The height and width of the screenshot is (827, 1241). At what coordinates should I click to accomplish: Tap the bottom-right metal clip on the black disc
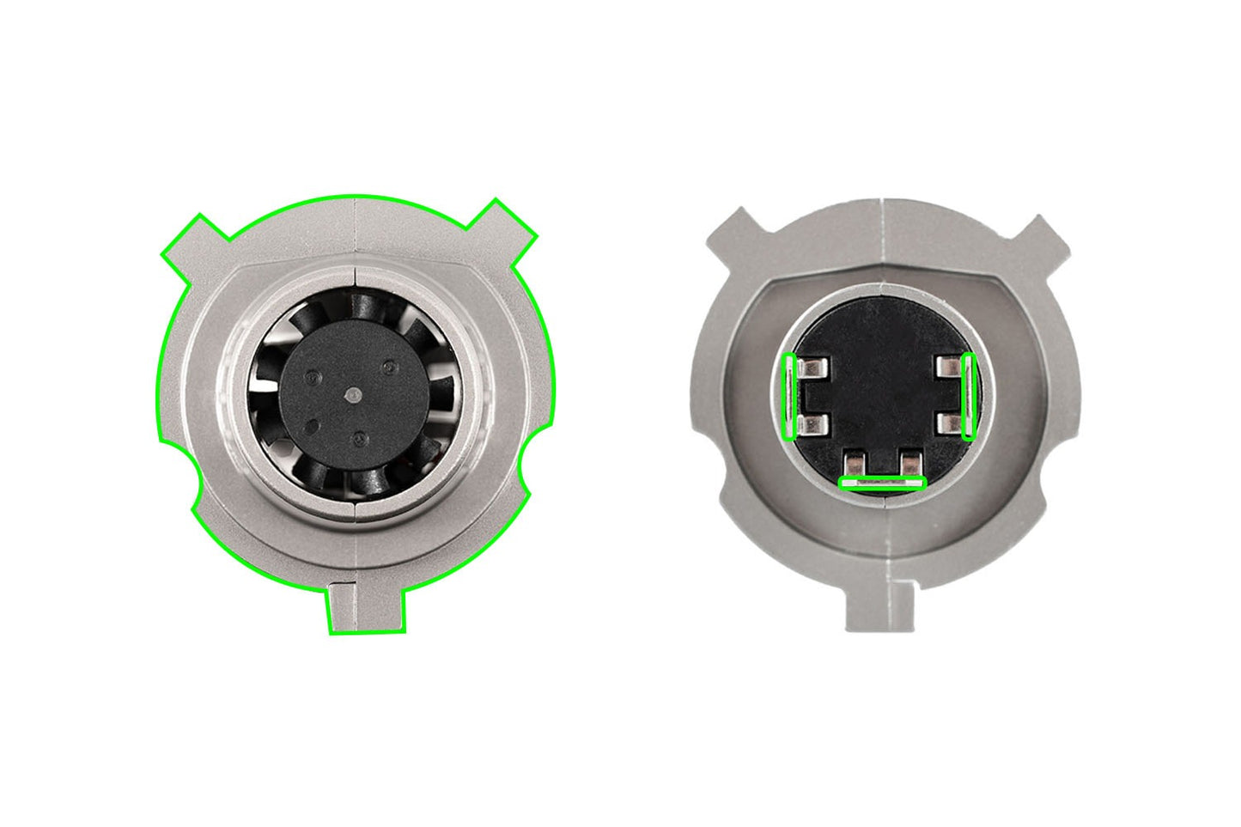[909, 463]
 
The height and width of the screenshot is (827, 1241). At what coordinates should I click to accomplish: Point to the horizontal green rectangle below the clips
[882, 483]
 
